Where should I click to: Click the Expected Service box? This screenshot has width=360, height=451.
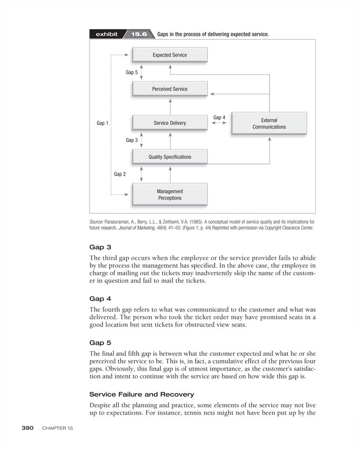pyautogui.click(x=169, y=55)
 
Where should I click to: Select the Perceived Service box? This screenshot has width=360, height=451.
pyautogui.click(x=169, y=89)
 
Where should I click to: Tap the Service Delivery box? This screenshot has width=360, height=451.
pyautogui.click(x=169, y=123)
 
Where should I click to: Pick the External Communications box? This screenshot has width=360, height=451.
pyautogui.click(x=269, y=124)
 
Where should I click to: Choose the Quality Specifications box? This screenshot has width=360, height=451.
pyautogui.click(x=169, y=157)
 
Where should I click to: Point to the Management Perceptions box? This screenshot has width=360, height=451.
pyautogui.click(x=169, y=194)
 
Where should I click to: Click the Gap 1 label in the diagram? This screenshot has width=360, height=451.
pyautogui.click(x=102, y=123)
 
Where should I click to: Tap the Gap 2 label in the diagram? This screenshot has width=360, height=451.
pyautogui.click(x=120, y=174)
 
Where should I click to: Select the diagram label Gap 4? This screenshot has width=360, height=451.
pyautogui.click(x=219, y=118)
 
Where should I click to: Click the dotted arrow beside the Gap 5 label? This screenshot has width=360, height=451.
pyautogui.click(x=142, y=72)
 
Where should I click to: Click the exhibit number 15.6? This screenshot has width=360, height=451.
pyautogui.click(x=138, y=34)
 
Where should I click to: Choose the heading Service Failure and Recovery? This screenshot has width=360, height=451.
pyautogui.click(x=141, y=394)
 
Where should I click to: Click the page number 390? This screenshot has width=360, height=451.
pyautogui.click(x=27, y=428)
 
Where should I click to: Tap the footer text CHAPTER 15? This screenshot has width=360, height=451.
pyautogui.click(x=58, y=428)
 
